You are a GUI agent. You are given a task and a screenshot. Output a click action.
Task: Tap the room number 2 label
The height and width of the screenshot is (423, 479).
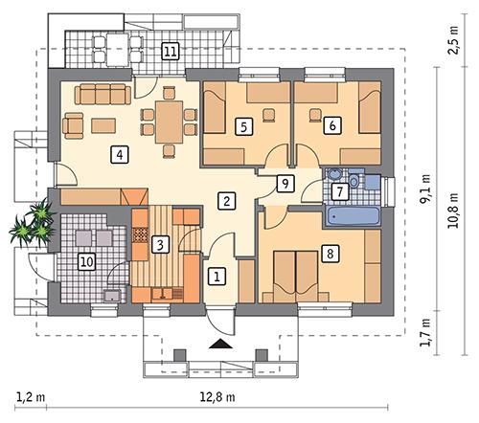tap(226, 201)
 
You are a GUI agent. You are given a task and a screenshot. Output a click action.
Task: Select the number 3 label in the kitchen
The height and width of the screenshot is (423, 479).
tap(161, 244)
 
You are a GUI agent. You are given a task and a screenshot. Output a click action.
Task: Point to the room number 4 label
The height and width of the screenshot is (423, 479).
tap(118, 153)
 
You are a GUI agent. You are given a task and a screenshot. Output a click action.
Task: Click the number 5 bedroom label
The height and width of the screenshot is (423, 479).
tap(243, 124)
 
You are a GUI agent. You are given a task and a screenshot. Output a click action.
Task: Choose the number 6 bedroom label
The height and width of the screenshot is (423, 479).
tap(331, 124)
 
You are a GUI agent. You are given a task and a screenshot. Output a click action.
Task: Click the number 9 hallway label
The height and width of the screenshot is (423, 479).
tap(283, 183)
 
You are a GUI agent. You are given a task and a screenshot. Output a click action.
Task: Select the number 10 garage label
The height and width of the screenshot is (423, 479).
tap(85, 259)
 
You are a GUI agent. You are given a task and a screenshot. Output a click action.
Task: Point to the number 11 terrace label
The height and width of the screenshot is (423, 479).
tap(171, 51)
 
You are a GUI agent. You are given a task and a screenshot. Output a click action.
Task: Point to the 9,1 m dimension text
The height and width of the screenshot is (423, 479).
tap(424, 195)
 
